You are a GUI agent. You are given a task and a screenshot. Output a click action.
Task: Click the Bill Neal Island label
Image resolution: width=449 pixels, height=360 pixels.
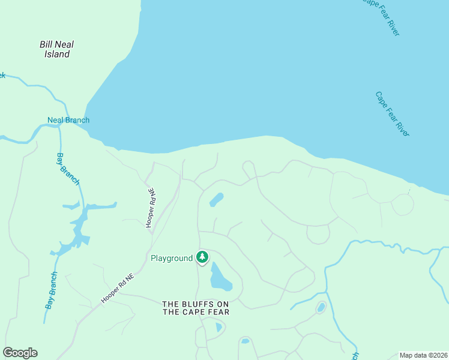tap(57, 49)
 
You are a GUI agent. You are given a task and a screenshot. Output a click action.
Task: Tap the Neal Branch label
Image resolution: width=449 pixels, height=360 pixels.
tap(68, 120)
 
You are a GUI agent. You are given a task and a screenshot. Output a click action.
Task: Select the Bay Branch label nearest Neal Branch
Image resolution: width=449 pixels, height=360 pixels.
tap(67, 169)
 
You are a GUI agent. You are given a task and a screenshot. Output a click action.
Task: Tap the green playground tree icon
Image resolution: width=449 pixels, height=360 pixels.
tap(202, 257)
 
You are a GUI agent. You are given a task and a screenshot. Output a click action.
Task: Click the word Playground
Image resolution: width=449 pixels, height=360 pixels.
tap(172, 258)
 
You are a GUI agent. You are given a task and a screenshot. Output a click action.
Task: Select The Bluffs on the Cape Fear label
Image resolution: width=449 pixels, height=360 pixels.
tap(196, 308)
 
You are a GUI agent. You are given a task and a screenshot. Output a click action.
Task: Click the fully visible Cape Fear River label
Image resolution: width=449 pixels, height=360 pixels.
tap(392, 114)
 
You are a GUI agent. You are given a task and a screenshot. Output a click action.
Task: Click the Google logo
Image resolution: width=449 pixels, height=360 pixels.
tap(20, 353)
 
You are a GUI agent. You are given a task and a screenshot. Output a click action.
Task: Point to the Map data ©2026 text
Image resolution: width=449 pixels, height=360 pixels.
tap(423, 355)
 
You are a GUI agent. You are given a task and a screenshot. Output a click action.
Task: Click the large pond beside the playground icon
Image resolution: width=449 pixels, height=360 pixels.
tap(220, 277)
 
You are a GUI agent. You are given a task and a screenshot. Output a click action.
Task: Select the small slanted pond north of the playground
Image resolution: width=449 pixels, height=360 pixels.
tap(216, 200)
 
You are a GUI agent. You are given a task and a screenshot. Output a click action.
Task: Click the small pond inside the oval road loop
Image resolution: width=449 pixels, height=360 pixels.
tap(321, 308)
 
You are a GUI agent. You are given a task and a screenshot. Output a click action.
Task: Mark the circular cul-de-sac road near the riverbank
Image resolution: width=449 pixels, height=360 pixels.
tap(402, 205)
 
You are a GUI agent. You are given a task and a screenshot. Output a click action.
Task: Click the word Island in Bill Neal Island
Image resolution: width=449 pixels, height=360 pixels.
tap(57, 55)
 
